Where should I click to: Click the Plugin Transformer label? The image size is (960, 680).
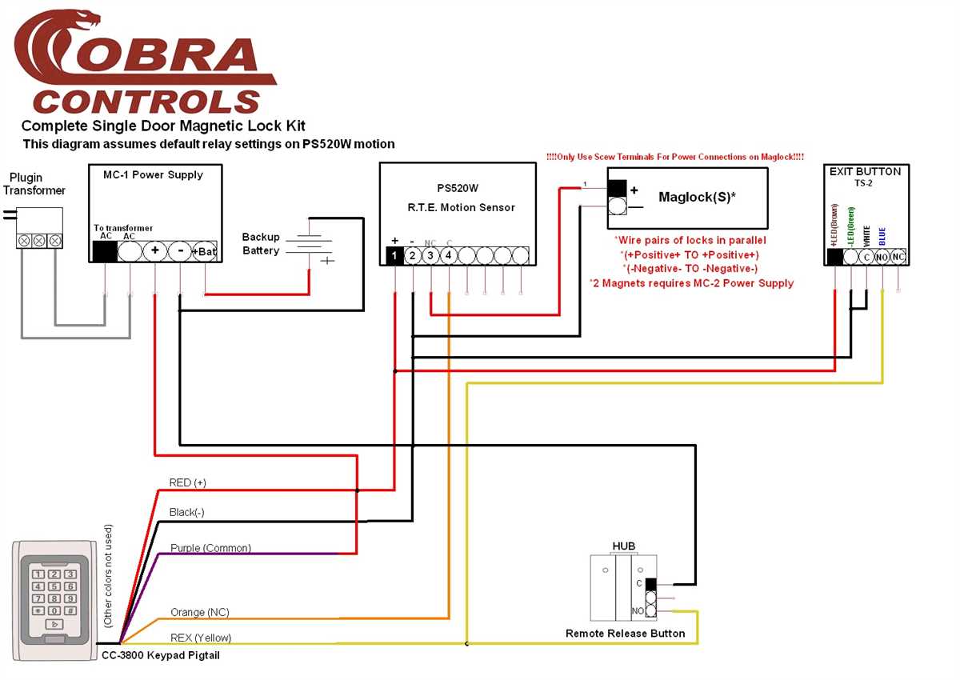pos(34,183)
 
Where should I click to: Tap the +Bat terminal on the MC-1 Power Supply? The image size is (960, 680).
pos(205,251)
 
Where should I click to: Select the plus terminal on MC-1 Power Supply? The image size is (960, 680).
pos(154,251)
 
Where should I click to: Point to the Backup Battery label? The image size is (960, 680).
pos(261,244)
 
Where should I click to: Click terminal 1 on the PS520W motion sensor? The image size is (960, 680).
pos(394,256)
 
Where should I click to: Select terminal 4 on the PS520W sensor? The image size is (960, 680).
pos(449,256)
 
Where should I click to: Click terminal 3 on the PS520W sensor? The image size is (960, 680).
pos(430,256)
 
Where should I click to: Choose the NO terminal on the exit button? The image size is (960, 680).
pos(882,258)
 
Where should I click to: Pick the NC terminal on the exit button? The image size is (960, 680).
pos(898,258)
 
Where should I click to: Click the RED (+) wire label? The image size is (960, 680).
pos(187,482)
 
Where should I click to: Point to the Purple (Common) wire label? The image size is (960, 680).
pos(210,548)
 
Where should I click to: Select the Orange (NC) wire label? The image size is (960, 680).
pos(199,612)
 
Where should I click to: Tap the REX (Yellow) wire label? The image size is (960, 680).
pos(201,638)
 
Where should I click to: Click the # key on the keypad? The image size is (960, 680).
pos(70,610)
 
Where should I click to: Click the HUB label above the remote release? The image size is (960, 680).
pos(623,546)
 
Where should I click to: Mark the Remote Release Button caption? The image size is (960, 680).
pos(625,634)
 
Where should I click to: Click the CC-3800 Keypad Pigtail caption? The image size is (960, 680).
pos(160,655)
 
